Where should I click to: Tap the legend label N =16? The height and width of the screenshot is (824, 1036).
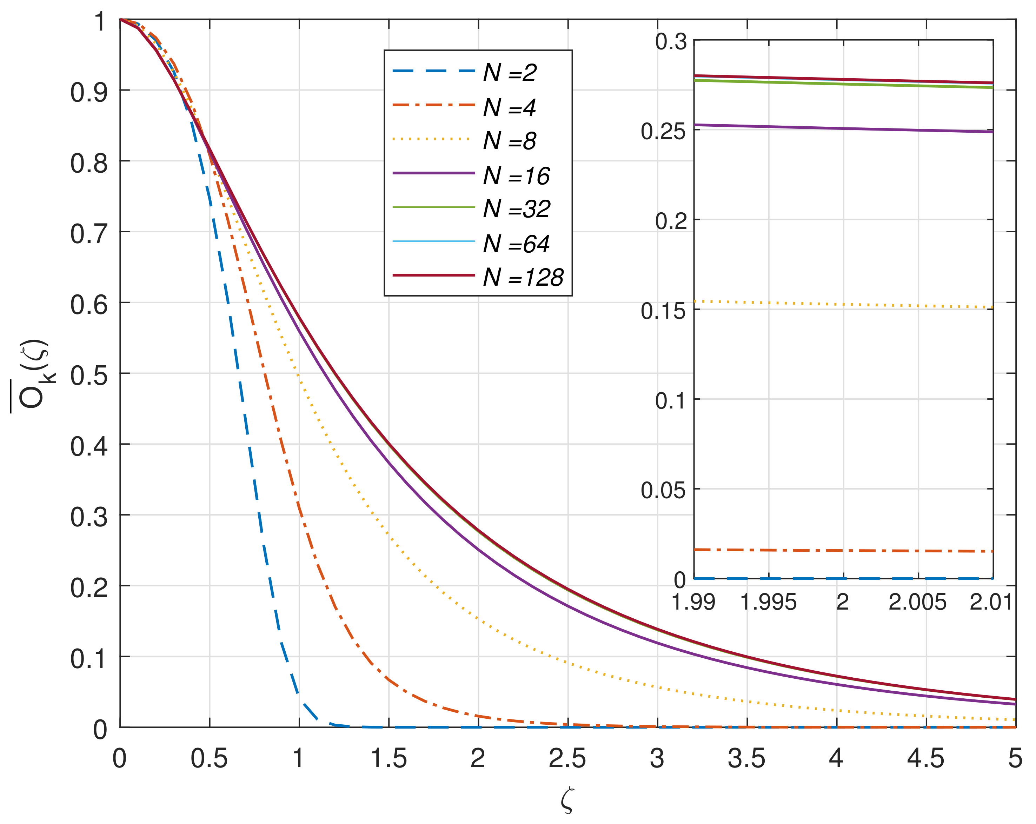pos(516,175)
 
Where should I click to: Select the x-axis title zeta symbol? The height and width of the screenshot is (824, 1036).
pos(567,800)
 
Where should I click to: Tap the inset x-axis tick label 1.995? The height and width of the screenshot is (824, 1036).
pos(768,602)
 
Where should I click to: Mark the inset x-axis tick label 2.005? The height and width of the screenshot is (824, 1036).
pos(917,602)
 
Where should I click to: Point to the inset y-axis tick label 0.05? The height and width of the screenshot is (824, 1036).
pos(663,490)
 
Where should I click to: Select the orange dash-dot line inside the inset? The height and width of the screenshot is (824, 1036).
pos(843,551)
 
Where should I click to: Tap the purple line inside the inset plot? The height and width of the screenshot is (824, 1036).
pos(843,128)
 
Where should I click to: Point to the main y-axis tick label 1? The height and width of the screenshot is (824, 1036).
pos(99,22)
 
